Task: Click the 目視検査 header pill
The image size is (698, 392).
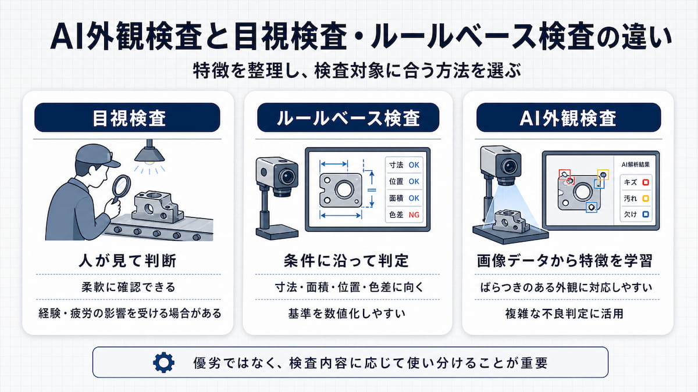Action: (127, 117)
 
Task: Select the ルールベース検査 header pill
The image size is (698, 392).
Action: (348, 117)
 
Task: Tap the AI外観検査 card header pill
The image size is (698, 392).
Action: (568, 117)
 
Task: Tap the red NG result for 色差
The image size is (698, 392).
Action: (414, 215)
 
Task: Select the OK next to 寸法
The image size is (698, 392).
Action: (414, 165)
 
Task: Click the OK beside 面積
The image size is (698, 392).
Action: (414, 198)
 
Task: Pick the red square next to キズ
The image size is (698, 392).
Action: (646, 182)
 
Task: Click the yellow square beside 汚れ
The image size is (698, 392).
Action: (646, 199)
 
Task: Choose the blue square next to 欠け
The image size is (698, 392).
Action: (646, 214)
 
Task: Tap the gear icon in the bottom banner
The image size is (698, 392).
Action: (163, 362)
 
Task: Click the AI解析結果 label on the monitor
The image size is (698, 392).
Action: (636, 165)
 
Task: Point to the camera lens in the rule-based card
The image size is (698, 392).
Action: (287, 177)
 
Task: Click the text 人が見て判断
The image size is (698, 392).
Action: (127, 261)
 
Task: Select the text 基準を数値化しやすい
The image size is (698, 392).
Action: (347, 313)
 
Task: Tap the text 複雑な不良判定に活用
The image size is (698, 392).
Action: (564, 313)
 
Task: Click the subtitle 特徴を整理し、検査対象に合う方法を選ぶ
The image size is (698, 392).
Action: (357, 71)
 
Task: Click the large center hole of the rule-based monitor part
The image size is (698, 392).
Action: (344, 189)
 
